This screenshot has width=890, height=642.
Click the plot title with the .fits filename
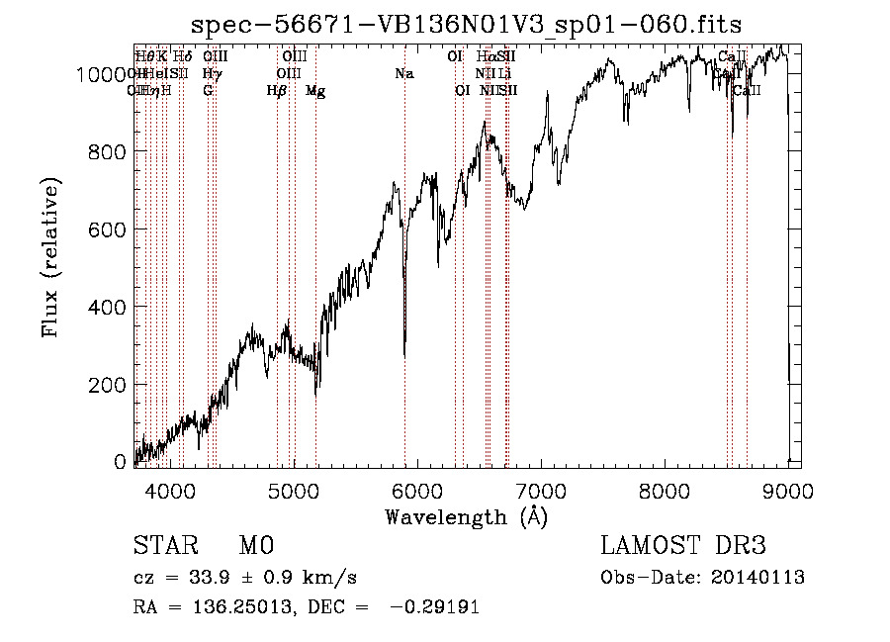tap(466, 24)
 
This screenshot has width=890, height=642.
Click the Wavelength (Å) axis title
tap(466, 517)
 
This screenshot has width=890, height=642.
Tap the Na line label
tap(403, 74)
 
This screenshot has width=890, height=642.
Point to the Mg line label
tap(315, 91)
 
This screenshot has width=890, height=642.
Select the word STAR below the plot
tap(163, 547)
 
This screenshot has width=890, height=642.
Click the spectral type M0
tap(255, 547)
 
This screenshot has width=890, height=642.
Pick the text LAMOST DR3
tap(683, 547)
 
